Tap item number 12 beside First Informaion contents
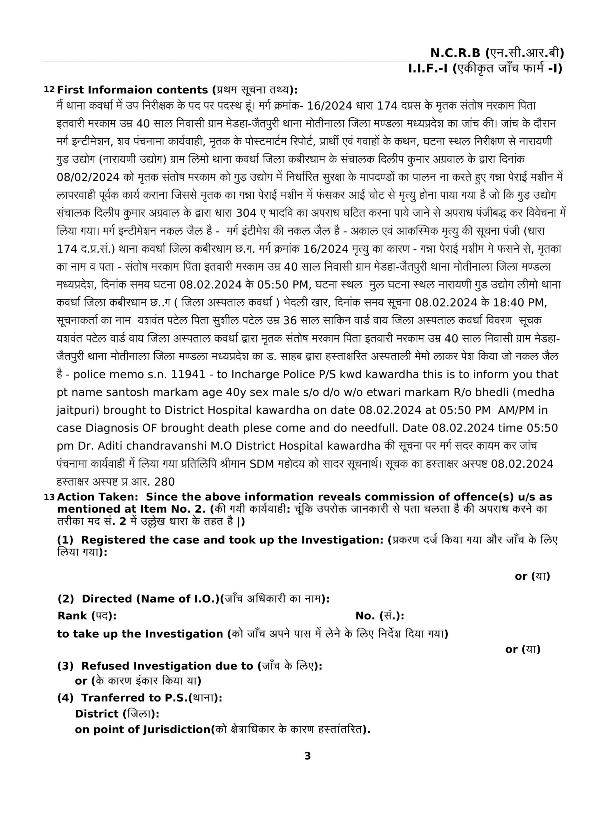pos(49,90)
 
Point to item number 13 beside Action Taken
pos(49,497)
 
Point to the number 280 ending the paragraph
pos(164,482)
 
